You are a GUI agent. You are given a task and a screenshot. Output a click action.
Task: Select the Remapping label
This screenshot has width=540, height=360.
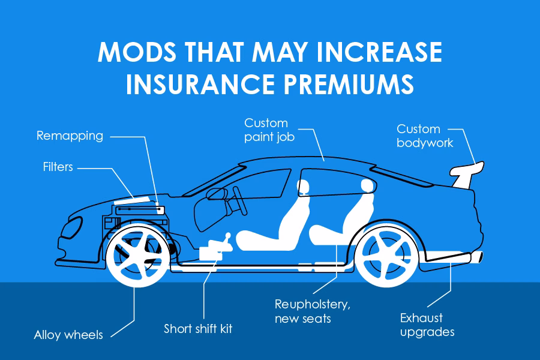70,136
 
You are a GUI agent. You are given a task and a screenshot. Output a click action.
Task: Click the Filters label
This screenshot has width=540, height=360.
58,166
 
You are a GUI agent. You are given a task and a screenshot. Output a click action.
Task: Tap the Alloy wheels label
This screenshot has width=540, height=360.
68,335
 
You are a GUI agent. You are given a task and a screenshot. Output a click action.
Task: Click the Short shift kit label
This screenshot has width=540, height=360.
198,329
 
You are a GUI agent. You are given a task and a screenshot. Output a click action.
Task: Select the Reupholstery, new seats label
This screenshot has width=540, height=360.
312,311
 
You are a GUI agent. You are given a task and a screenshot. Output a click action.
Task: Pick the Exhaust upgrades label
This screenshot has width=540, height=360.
427,325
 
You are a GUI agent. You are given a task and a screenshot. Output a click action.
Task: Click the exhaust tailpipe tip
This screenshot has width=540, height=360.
477,257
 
